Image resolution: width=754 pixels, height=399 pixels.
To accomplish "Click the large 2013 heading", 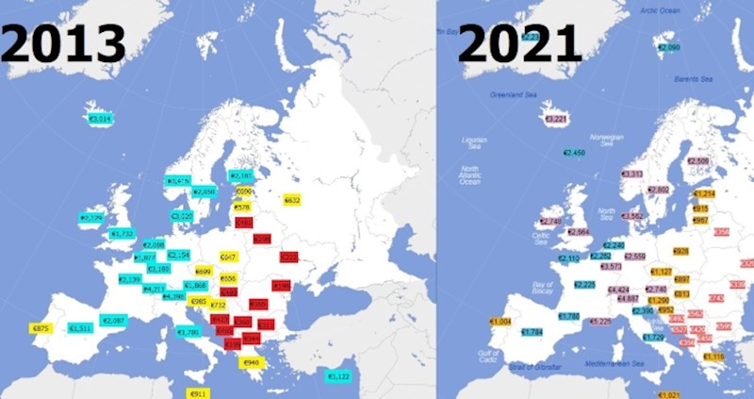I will [x=64, y=44].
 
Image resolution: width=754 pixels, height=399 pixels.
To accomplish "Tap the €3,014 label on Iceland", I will [x=99, y=119].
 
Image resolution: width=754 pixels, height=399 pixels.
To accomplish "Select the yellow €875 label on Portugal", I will [x=41, y=328].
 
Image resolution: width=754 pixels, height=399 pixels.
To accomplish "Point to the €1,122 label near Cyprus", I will [x=337, y=376].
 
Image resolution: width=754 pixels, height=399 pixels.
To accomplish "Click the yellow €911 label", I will [x=199, y=392].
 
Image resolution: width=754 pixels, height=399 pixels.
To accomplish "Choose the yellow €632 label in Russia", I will [x=291, y=200].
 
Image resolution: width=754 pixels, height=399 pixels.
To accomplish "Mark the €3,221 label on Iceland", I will [x=554, y=119].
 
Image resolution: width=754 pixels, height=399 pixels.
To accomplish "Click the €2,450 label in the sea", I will [x=574, y=152].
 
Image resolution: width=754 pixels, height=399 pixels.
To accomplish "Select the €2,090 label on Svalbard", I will [x=668, y=47].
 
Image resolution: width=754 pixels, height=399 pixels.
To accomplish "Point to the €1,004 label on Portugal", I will [x=500, y=322].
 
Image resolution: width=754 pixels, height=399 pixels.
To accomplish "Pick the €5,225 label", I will [x=601, y=322].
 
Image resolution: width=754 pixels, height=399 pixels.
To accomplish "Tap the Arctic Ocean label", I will [x=660, y=9].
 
